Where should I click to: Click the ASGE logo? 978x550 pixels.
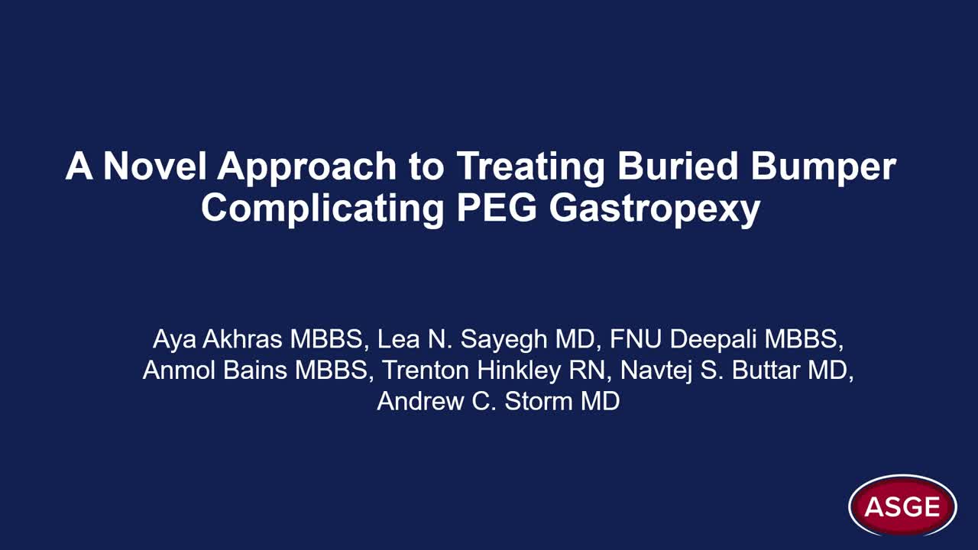pyautogui.click(x=902, y=506)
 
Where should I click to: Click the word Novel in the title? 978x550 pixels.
pyautogui.click(x=154, y=166)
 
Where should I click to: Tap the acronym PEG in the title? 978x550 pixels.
pyautogui.click(x=497, y=207)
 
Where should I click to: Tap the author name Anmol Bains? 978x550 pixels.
pyautogui.click(x=215, y=370)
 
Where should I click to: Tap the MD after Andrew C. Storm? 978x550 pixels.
pyautogui.click(x=600, y=401)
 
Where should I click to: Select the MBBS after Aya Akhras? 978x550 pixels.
pyautogui.click(x=326, y=339)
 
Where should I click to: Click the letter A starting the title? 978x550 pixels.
pyautogui.click(x=79, y=166)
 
